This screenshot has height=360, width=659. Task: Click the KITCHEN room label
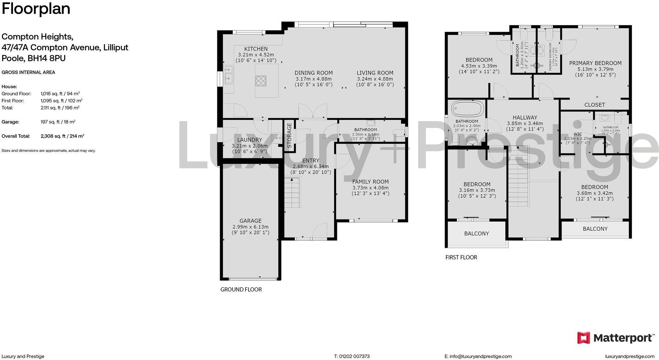point(256,49)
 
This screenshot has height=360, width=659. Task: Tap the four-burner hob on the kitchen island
point(261,80)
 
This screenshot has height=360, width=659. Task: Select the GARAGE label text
point(250,221)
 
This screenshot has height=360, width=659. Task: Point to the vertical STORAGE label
point(289,135)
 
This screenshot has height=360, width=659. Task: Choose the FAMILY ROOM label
point(370,182)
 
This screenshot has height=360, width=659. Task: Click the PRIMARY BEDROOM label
point(595,63)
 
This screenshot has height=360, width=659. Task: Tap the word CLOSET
point(594,105)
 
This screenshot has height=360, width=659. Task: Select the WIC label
point(577,134)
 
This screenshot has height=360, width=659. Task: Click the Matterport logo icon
point(584,338)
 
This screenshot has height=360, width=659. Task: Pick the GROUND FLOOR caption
point(241,290)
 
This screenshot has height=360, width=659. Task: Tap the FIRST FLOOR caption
point(461,257)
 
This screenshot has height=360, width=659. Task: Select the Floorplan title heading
point(36,9)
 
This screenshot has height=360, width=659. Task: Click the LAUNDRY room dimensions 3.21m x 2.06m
point(249,146)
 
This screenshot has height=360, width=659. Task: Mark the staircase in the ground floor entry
point(292,192)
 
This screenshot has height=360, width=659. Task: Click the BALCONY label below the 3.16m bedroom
point(476,234)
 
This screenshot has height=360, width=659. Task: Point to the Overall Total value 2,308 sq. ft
point(62,136)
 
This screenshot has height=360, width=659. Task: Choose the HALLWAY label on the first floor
point(525,118)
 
